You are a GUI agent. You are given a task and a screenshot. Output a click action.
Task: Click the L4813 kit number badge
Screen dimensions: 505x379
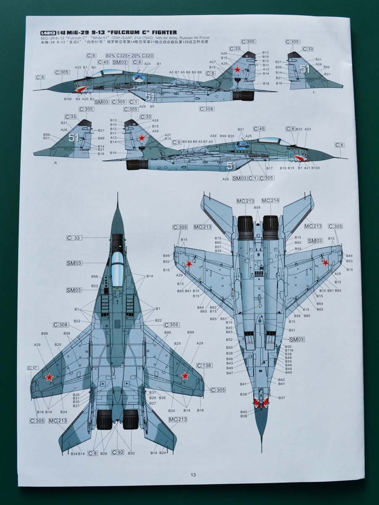(x=48, y=32)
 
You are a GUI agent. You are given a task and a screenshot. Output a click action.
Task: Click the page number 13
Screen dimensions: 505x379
(x=193, y=475)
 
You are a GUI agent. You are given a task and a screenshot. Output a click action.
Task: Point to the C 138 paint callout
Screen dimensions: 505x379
(x=204, y=365)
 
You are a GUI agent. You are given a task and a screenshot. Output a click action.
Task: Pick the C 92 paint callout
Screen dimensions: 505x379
(x=118, y=452)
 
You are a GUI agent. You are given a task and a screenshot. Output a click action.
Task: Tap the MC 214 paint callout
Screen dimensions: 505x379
(x=270, y=201)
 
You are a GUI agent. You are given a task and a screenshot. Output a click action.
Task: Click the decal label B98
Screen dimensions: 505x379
(x=95, y=276)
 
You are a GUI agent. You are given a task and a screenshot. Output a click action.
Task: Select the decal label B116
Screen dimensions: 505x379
(x=289, y=351)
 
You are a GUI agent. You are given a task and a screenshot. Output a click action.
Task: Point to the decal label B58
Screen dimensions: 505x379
(x=257, y=207)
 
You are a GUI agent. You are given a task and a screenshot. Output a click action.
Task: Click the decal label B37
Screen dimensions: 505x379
(x=281, y=398)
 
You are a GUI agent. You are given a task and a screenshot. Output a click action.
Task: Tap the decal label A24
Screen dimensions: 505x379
(x=147, y=64)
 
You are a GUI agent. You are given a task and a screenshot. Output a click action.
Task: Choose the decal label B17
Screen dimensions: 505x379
(x=270, y=168)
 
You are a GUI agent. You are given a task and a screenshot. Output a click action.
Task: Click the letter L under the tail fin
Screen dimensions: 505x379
(x=314, y=92)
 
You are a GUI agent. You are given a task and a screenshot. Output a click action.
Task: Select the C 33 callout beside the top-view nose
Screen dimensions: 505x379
(x=74, y=238)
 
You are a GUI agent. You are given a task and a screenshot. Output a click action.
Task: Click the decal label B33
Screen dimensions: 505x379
(x=299, y=129)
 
